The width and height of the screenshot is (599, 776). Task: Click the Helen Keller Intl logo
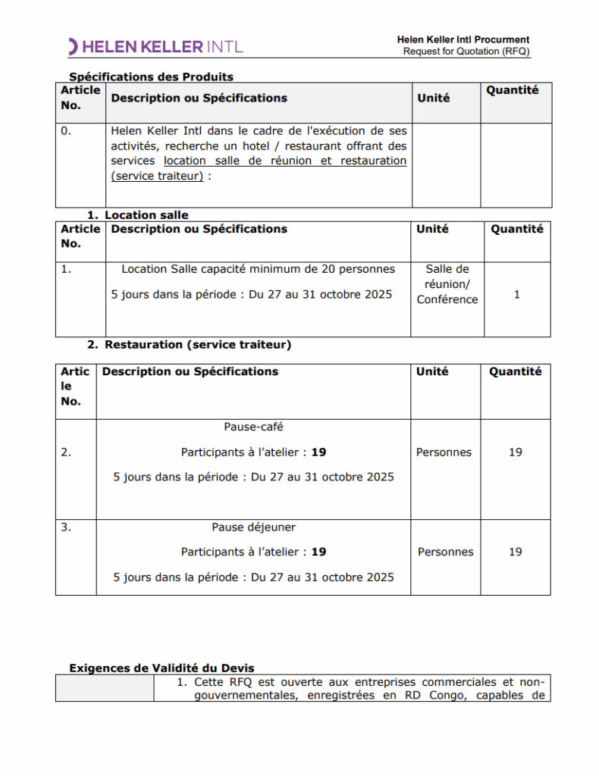tap(155, 46)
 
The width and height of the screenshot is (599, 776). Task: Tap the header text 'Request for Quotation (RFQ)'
tap(466, 52)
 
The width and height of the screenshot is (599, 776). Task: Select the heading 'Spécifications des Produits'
tap(151, 77)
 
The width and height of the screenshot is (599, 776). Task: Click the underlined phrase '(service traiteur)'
tap(157, 176)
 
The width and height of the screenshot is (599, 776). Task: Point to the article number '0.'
tap(66, 130)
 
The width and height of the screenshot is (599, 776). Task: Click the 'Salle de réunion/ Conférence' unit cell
tap(447, 284)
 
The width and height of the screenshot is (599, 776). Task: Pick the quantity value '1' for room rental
tap(516, 294)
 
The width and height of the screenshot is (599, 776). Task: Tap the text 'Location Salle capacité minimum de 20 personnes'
tap(258, 269)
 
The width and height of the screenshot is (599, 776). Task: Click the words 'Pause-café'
tap(253, 427)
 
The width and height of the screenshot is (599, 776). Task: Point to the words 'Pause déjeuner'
tap(253, 527)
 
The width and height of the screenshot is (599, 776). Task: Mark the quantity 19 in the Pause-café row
tap(515, 452)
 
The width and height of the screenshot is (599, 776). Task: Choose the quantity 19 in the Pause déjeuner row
tap(515, 552)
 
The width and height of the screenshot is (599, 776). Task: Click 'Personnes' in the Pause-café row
tap(444, 452)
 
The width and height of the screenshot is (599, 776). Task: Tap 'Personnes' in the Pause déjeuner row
tap(445, 552)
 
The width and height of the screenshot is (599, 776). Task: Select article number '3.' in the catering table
tap(66, 527)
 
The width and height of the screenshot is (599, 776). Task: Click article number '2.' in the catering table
tap(66, 452)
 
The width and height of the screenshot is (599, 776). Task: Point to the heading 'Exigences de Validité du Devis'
tap(162, 668)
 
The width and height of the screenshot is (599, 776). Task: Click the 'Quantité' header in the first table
tap(513, 90)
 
